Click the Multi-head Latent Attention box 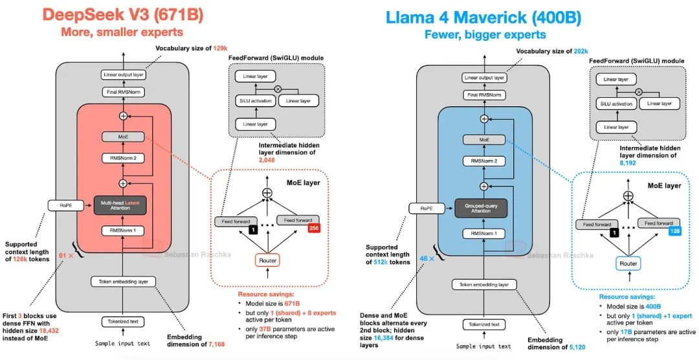123,205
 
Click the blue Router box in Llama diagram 627,264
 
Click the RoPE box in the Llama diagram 426,208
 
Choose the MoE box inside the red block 123,137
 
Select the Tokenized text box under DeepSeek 123,322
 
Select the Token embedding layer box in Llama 483,284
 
